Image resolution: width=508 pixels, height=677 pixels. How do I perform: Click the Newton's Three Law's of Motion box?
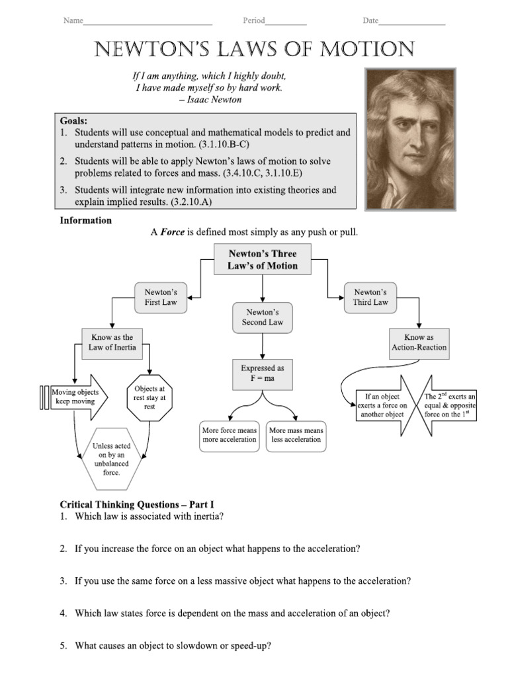(x=263, y=260)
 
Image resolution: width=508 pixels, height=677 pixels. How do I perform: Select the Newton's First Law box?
(x=161, y=297)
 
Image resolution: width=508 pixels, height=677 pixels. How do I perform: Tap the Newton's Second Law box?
(x=263, y=317)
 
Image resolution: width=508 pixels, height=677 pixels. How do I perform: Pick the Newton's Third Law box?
(x=370, y=297)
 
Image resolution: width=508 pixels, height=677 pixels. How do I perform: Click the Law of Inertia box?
(x=112, y=342)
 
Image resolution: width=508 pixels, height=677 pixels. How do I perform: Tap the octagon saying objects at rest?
(x=149, y=398)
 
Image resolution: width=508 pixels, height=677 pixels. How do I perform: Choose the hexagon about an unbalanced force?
(x=112, y=459)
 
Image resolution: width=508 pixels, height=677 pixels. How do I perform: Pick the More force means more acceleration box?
(x=230, y=435)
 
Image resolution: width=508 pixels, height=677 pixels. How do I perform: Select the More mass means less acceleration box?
(x=296, y=435)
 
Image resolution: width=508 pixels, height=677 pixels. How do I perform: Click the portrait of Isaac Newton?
(x=411, y=139)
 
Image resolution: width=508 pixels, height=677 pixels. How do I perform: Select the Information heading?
(x=86, y=220)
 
